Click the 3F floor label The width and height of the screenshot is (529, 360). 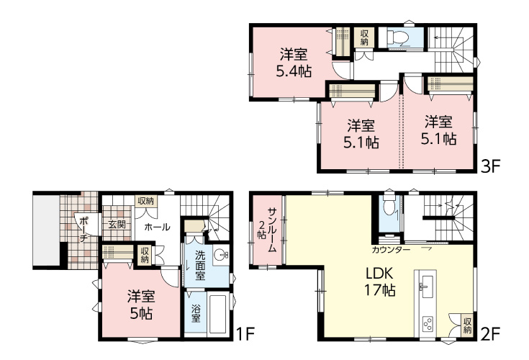(489, 166)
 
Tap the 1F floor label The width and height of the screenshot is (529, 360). (244, 334)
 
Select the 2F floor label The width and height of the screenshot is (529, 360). (489, 334)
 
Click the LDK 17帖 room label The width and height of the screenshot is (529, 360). (379, 282)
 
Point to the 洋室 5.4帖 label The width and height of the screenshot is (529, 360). (294, 63)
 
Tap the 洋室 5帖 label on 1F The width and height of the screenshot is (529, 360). (141, 305)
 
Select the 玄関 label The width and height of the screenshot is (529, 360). (117, 224)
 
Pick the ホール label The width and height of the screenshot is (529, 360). (157, 227)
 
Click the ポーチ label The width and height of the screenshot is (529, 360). (83, 230)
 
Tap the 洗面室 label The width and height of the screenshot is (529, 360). (200, 265)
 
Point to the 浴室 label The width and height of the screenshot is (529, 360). (196, 313)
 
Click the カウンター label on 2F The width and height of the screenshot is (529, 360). (391, 250)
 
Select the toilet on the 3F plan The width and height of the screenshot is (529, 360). (398, 37)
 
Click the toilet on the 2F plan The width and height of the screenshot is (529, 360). (389, 206)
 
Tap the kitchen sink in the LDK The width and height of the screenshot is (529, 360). (427, 287)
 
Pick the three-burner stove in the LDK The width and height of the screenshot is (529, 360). (427, 323)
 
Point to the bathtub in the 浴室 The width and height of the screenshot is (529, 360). (217, 314)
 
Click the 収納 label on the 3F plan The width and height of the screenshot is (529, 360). (364, 37)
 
